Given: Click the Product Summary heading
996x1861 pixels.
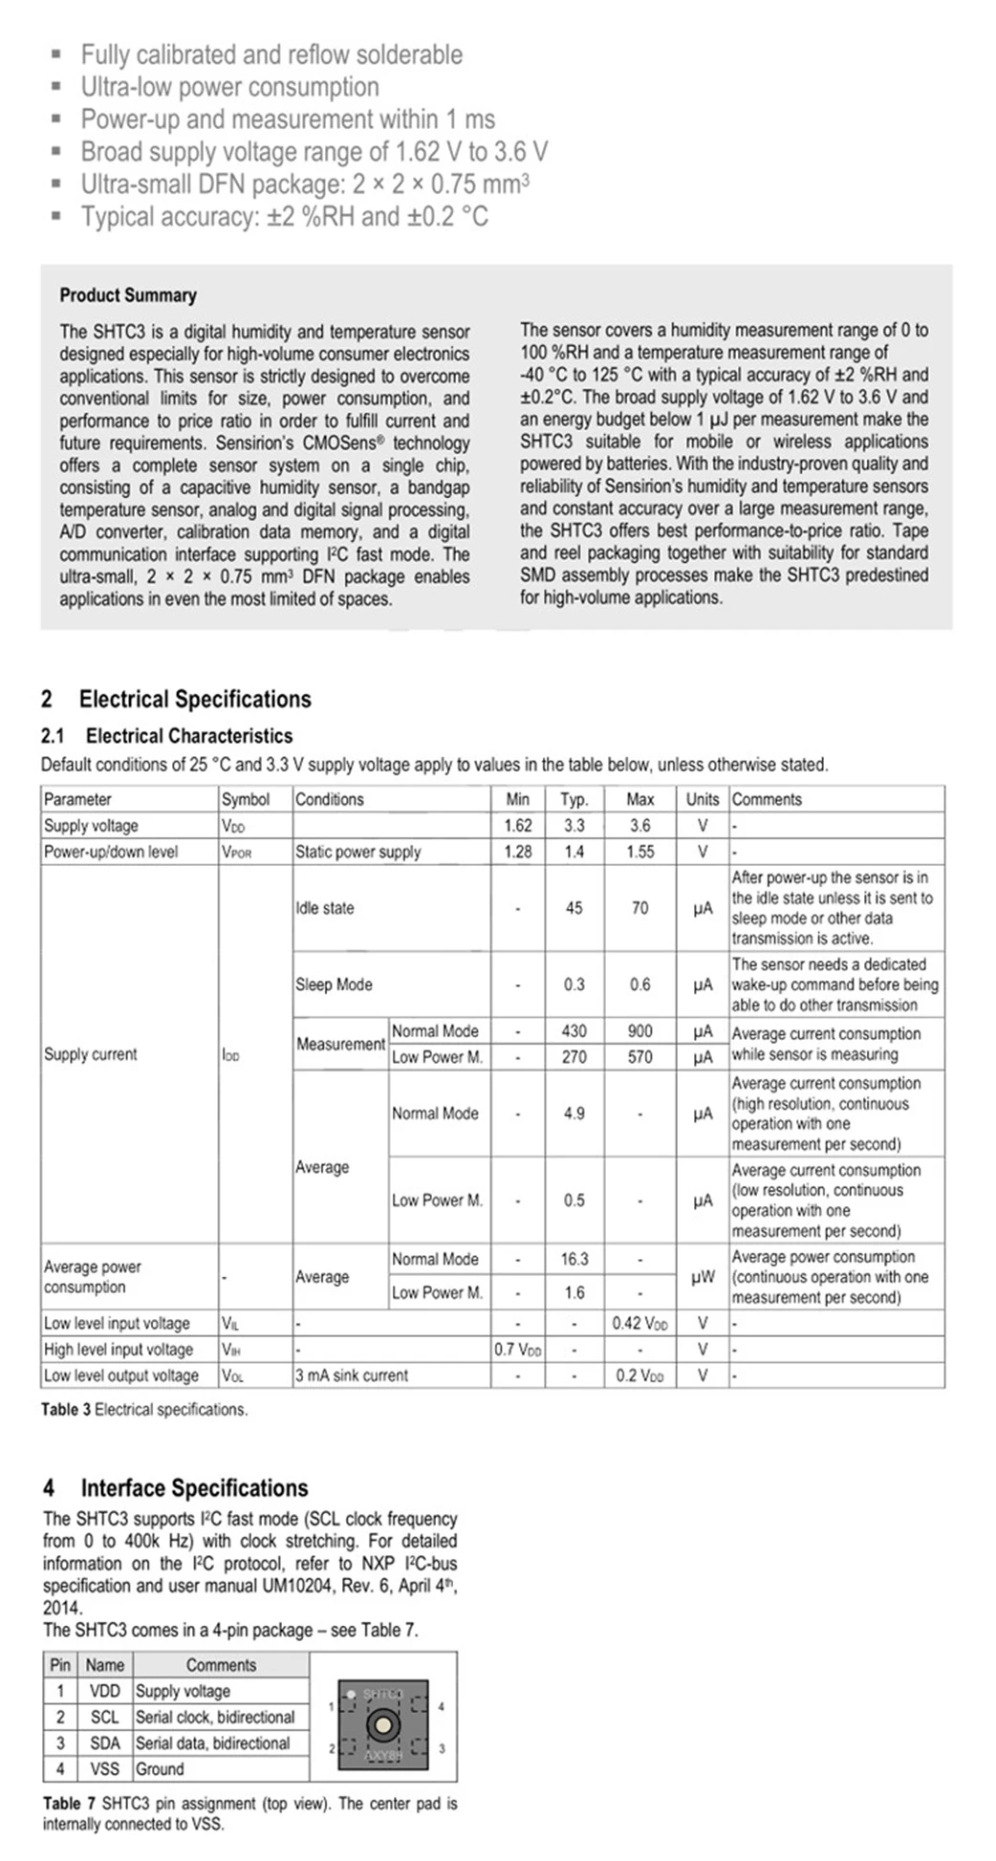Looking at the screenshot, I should [x=128, y=295].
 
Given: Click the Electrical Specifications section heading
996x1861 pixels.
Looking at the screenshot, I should [x=176, y=699].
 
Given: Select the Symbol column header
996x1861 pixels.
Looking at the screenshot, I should [x=246, y=799].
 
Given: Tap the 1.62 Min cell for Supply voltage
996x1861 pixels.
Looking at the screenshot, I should [x=518, y=825].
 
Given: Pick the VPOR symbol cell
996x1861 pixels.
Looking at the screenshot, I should [x=236, y=852].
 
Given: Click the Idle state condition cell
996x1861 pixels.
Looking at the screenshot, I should [x=325, y=908].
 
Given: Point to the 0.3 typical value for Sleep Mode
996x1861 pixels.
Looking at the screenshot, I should [x=574, y=985].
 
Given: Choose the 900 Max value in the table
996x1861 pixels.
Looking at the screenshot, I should [x=639, y=1030].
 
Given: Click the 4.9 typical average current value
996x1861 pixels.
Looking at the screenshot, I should [x=574, y=1114].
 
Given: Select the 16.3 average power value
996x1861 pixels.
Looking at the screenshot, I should [x=574, y=1259].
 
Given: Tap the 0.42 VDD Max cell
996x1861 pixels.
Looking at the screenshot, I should [x=639, y=1323].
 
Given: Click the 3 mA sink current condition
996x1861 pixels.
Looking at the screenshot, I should [x=352, y=1375].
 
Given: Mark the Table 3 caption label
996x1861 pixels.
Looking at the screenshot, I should [x=143, y=1409].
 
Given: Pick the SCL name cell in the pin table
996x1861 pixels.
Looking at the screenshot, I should [x=104, y=1717].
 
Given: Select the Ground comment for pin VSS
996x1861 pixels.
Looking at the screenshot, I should [x=159, y=1769].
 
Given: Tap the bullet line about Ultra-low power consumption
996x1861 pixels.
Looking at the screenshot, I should [x=230, y=87].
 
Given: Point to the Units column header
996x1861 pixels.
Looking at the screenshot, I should [x=703, y=799].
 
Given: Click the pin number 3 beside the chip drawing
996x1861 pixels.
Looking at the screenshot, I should [x=442, y=1748].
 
